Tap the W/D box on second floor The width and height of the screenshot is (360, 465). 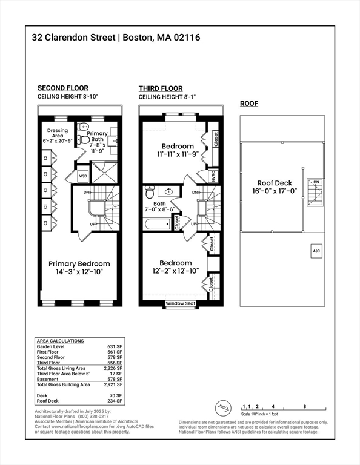(82, 176)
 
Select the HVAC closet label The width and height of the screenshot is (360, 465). (213, 176)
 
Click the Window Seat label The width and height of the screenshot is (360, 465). (181, 303)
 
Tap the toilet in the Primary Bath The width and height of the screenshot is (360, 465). (84, 140)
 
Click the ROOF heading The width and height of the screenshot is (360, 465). (249, 104)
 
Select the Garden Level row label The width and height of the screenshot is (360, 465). (53, 346)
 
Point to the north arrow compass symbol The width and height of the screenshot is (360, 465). (224, 407)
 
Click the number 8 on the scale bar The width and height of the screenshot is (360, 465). (304, 407)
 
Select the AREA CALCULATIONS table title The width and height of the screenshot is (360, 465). (61, 341)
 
